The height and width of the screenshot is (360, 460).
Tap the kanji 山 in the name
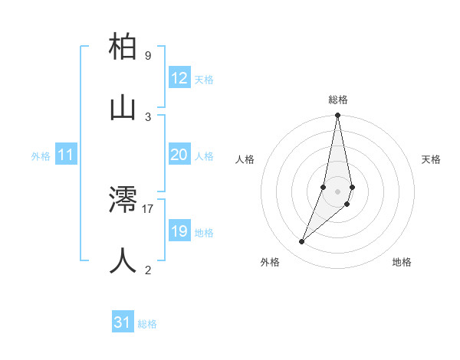tap(123, 108)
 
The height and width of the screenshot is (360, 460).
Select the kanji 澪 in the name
tap(123, 200)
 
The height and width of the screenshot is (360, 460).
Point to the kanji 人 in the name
tap(123, 260)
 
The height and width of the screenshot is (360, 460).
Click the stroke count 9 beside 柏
tap(147, 56)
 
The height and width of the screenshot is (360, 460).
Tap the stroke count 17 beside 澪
tap(148, 208)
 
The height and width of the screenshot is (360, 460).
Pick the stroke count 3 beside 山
tap(147, 116)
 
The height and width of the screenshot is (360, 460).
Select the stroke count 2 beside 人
tap(147, 270)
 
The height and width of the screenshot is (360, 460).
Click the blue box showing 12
tap(179, 78)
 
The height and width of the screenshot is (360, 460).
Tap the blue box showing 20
tap(179, 155)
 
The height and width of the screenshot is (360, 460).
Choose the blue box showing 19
tap(179, 231)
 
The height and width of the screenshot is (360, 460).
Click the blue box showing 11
tap(66, 155)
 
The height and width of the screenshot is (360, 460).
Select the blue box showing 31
tap(123, 322)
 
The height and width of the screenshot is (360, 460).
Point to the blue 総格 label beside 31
tap(147, 324)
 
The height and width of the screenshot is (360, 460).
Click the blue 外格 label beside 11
tap(41, 156)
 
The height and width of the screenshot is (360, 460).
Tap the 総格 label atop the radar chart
tap(338, 100)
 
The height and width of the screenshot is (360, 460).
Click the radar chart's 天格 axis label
tap(431, 159)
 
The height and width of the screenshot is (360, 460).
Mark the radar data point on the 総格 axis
tap(337, 116)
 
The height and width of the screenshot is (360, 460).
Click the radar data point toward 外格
tap(302, 241)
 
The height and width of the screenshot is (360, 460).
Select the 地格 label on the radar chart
tap(402, 262)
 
